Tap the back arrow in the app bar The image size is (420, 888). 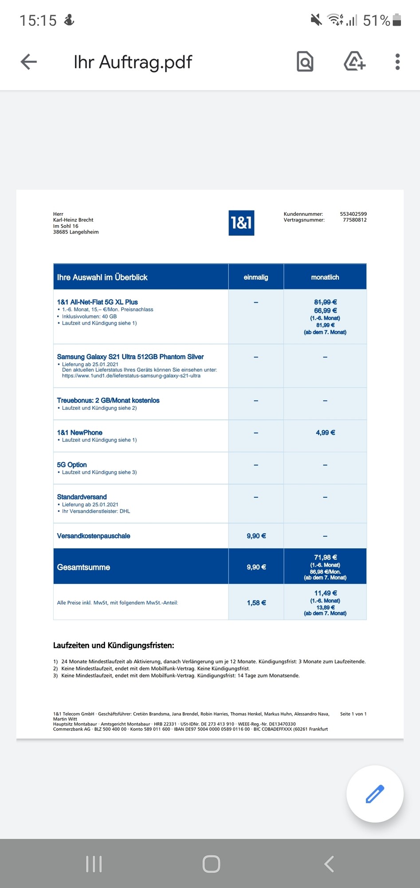[29, 62]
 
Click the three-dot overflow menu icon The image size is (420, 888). [397, 62]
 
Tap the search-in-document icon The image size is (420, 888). [305, 62]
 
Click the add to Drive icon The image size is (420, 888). [354, 62]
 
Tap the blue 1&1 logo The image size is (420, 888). [241, 222]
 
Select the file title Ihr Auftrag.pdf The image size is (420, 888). [133, 62]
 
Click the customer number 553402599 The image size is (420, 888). [353, 214]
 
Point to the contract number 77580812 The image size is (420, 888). [354, 220]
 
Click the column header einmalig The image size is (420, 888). [256, 277]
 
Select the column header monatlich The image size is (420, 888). [325, 277]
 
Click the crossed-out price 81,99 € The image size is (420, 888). [325, 302]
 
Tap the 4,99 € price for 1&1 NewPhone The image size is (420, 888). [325, 432]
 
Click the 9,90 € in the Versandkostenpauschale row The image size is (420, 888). [256, 536]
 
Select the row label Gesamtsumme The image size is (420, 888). [83, 567]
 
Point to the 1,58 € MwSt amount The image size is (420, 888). [256, 603]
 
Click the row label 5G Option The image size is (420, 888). [72, 465]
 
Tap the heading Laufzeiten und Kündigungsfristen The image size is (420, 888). [114, 646]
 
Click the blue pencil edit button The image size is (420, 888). [375, 794]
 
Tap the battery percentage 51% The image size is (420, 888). [376, 20]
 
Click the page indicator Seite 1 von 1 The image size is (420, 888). [353, 714]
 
